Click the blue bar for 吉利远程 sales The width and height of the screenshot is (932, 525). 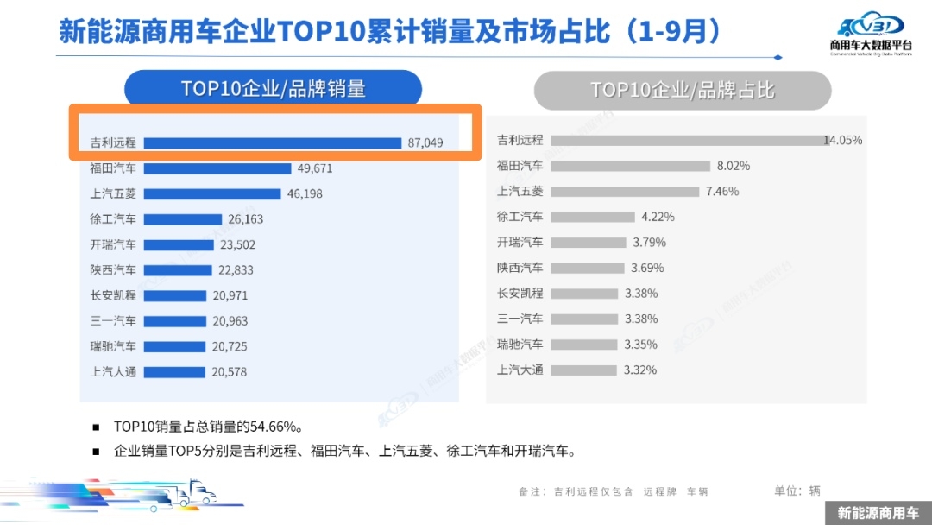pos(273,142)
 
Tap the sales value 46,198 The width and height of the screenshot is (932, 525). pos(305,194)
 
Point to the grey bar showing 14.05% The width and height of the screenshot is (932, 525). pos(688,140)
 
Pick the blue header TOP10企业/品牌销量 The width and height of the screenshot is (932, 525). pos(273,89)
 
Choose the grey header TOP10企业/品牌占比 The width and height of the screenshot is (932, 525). pos(682,90)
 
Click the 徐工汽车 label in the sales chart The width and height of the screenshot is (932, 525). pos(113,219)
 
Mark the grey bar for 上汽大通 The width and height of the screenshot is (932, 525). pos(583,370)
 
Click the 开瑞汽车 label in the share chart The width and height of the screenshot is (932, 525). pos(520,243)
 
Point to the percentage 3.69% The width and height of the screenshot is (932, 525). pos(647,268)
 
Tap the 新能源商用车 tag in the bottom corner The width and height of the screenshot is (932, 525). pos(878,512)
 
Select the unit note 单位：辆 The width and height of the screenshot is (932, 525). pos(797,490)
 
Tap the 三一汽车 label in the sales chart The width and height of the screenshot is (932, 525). pos(113,321)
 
